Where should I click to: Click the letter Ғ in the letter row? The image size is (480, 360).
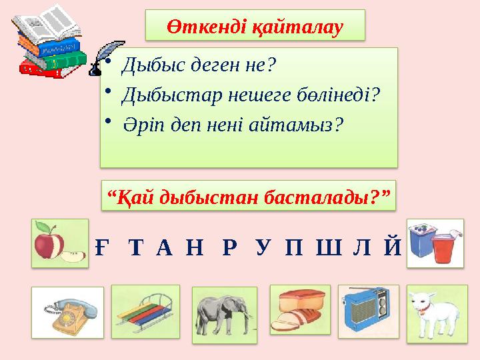[x=101, y=248]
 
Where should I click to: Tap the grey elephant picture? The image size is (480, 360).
[x=224, y=314]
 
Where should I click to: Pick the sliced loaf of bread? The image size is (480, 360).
[x=298, y=310]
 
